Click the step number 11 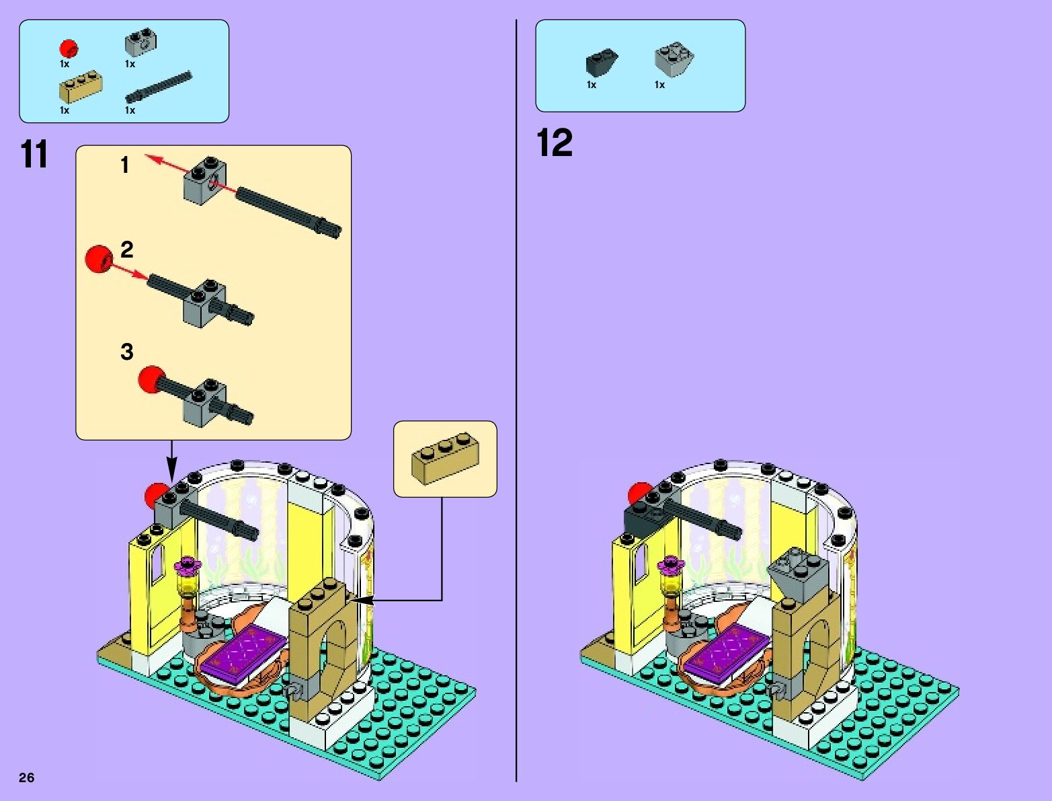34,155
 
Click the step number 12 555,143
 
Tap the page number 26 26,777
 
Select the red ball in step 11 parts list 68,48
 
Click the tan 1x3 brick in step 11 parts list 80,87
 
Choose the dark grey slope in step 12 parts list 601,63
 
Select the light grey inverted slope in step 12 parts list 674,59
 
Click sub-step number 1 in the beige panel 125,165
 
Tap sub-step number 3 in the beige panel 127,351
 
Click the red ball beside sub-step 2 99,258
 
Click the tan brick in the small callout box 445,457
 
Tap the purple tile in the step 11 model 247,648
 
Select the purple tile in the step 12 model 729,648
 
